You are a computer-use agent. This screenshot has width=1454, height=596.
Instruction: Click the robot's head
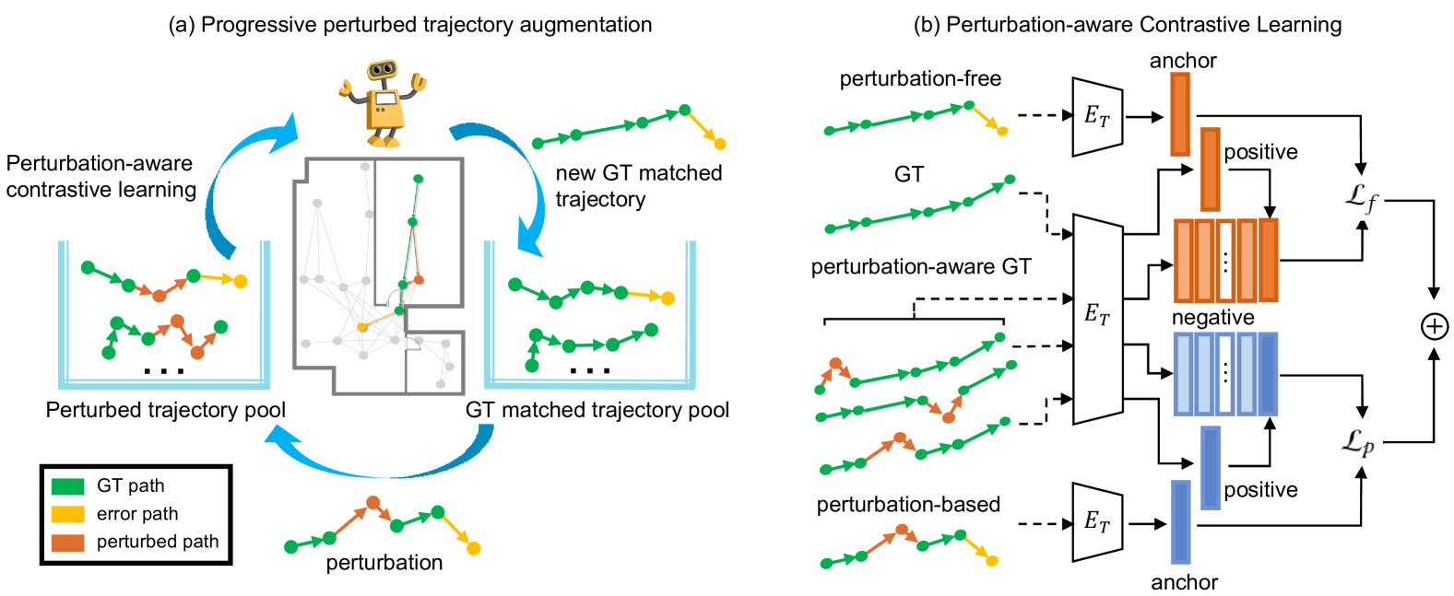pyautogui.click(x=382, y=71)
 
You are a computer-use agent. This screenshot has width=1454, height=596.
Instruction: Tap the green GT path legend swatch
pyautogui.click(x=67, y=486)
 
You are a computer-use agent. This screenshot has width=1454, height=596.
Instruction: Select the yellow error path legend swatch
pyautogui.click(x=67, y=514)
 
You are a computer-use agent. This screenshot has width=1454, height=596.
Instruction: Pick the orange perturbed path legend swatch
pyautogui.click(x=67, y=543)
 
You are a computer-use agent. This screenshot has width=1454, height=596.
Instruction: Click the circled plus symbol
pyautogui.click(x=1434, y=326)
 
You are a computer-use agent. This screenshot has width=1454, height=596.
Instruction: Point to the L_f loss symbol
pyautogui.click(x=1362, y=197)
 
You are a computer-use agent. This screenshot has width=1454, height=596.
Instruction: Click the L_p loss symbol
pyautogui.click(x=1357, y=443)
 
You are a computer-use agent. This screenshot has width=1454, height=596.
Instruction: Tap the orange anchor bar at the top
pyautogui.click(x=1179, y=113)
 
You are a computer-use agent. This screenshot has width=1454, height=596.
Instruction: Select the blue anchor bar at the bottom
pyautogui.click(x=1179, y=521)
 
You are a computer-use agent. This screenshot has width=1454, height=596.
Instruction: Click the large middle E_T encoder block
pyautogui.click(x=1097, y=318)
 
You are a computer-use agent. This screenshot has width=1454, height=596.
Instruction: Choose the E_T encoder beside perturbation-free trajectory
pyautogui.click(x=1097, y=117)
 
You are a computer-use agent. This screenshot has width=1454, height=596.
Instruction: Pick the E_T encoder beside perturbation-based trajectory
pyautogui.click(x=1097, y=522)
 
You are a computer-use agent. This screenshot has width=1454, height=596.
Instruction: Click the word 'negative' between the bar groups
pyautogui.click(x=1212, y=318)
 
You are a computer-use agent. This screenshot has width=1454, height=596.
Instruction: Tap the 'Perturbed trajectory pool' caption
pyautogui.click(x=166, y=410)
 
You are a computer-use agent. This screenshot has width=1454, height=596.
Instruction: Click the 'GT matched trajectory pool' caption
pyautogui.click(x=597, y=410)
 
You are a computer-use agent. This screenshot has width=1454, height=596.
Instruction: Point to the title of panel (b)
pyautogui.click(x=1127, y=25)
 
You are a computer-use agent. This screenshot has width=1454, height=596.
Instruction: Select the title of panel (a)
pyautogui.click(x=409, y=25)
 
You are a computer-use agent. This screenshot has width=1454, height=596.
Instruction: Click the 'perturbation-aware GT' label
pyautogui.click(x=920, y=267)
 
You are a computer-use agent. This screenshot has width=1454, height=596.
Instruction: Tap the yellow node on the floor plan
pyautogui.click(x=362, y=327)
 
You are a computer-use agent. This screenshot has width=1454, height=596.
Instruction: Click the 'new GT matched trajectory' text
pyautogui.click(x=638, y=186)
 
